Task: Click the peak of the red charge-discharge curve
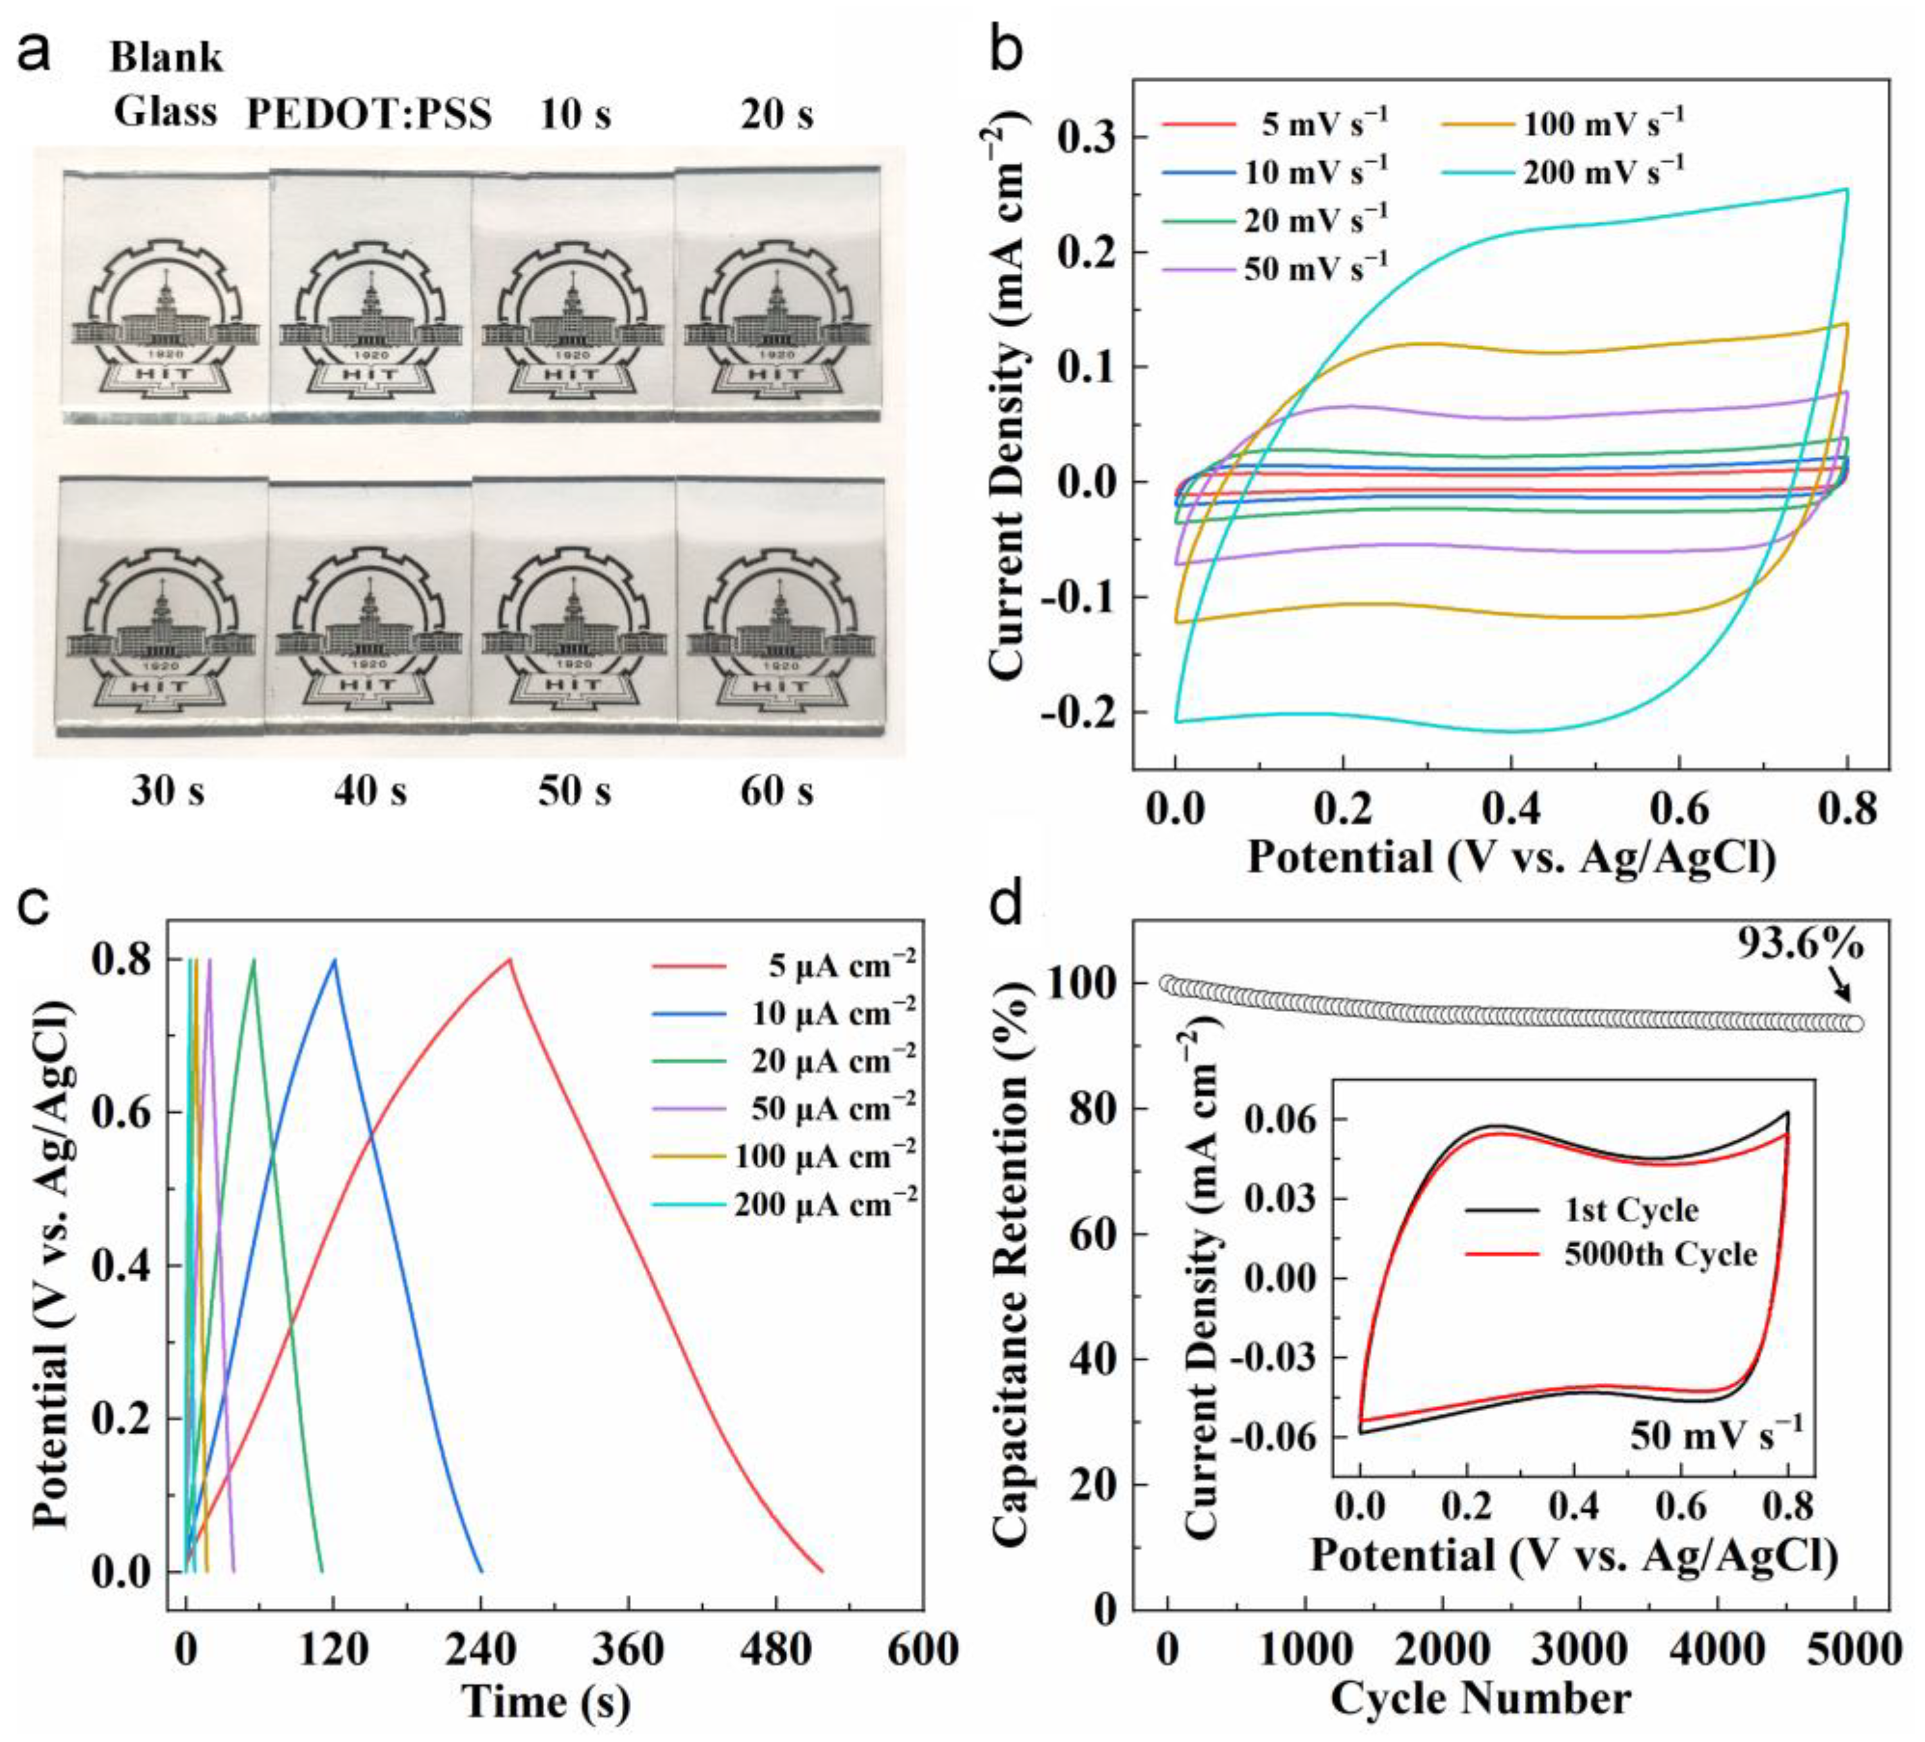click(510, 959)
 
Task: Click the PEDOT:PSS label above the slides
click(369, 114)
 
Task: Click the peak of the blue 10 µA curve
click(334, 959)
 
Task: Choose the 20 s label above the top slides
click(776, 114)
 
